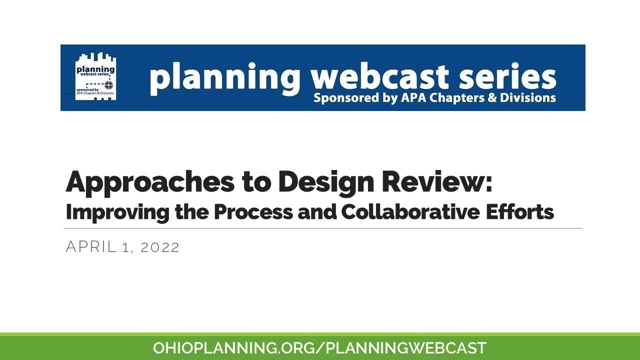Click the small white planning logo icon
pos(95,76)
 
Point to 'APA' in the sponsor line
pos(412,97)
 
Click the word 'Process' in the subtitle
pos(253,211)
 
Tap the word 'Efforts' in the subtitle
pos(519,211)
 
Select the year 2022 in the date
pos(159,247)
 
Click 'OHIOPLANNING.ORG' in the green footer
pos(234,348)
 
